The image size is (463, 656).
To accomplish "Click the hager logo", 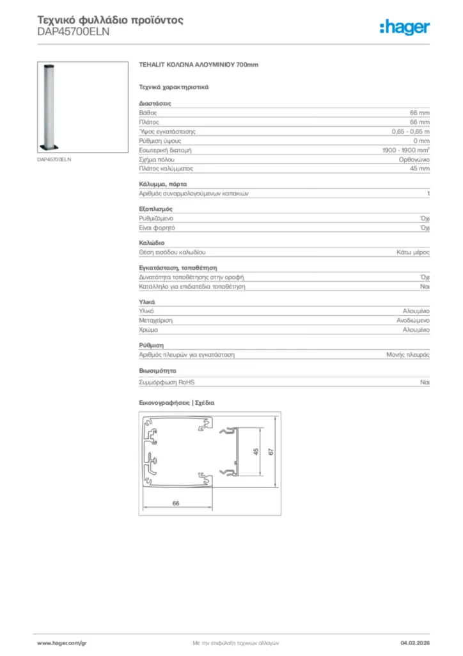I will click(404, 27).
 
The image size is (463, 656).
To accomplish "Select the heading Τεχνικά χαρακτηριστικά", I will click(174, 86).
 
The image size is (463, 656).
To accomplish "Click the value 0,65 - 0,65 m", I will click(411, 131).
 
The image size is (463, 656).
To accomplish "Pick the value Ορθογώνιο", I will click(413, 159).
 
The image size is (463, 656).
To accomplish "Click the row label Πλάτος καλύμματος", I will click(166, 168).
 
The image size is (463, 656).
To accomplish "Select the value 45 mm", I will click(420, 168).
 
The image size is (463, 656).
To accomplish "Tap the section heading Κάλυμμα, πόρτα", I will click(163, 184).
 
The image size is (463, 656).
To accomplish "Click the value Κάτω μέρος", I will click(412, 253).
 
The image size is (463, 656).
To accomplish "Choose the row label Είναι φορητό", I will click(157, 228).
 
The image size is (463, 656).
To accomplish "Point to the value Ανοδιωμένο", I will click(412, 320).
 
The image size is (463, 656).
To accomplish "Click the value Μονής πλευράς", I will click(407, 354).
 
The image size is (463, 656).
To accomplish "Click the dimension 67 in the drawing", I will click(271, 452).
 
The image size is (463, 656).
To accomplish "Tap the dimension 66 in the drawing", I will click(176, 503).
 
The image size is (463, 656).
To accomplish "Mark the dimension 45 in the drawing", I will click(256, 452).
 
